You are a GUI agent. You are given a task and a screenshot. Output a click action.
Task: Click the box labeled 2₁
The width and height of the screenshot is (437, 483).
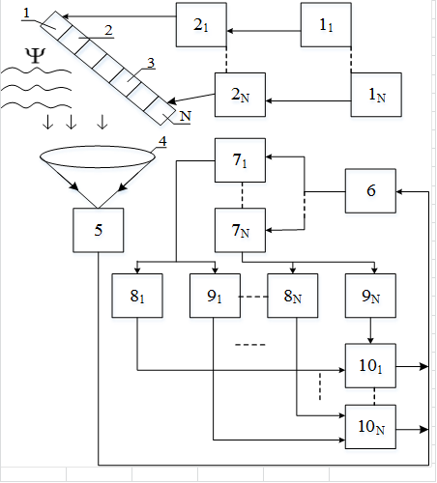[201, 25]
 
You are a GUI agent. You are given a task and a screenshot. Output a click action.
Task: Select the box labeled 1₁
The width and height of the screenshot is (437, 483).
[326, 25]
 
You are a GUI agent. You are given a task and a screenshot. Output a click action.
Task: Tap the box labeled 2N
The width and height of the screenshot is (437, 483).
[240, 95]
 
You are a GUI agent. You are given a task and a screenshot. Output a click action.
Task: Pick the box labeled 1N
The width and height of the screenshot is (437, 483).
[376, 95]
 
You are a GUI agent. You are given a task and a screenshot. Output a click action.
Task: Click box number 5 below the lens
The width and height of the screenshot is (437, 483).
[98, 230]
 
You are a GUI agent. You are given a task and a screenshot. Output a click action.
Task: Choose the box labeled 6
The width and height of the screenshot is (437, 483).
[370, 190]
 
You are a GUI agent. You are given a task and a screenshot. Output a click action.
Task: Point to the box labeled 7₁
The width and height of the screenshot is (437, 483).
[240, 160]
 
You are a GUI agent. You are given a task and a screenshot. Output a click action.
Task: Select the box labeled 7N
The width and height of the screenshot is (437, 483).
[240, 230]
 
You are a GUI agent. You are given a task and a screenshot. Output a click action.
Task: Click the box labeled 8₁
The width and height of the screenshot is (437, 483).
[137, 296]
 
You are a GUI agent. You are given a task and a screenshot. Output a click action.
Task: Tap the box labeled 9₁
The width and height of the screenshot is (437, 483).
[215, 296]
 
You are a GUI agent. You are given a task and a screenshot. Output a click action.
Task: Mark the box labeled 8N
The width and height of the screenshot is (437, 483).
[293, 296]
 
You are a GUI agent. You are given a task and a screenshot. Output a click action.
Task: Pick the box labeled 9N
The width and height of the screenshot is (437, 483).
[370, 296]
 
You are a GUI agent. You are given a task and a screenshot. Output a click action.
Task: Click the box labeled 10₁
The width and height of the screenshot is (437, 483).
[370, 365]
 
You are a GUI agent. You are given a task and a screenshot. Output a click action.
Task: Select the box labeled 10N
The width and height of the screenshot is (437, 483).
[370, 427]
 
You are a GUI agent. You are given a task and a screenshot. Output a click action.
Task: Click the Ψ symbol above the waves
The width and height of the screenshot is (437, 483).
[35, 56]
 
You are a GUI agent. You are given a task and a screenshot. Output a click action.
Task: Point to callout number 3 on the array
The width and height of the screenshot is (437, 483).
[151, 63]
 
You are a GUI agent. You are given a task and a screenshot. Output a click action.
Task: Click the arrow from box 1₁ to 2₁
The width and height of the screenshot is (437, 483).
[264, 31]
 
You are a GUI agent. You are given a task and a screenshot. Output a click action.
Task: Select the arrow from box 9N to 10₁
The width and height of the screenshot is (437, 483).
[370, 330]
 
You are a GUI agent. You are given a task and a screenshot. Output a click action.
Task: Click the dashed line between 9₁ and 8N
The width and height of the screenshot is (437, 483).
[253, 297]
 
